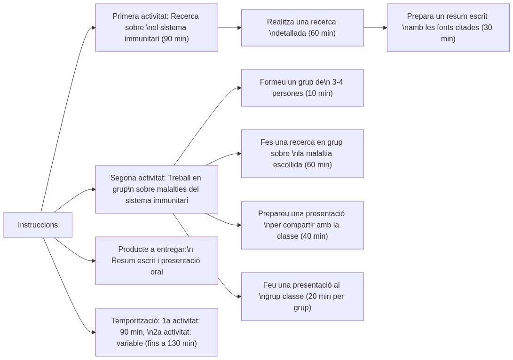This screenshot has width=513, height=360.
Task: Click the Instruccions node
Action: (38, 225)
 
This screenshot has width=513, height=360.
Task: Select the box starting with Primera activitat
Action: (156, 28)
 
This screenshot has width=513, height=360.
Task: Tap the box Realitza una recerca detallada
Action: (302, 28)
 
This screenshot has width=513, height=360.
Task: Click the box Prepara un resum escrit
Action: (448, 28)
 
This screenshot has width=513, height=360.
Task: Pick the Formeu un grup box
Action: (302, 88)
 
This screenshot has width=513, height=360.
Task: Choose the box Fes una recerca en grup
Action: (302, 154)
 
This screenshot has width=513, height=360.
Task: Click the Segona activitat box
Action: (156, 189)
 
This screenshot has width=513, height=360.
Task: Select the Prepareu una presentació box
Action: (302, 225)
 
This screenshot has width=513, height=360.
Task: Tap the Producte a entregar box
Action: (156, 261)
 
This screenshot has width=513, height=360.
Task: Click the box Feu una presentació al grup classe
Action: (302, 297)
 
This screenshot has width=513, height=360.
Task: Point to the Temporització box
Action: (156, 332)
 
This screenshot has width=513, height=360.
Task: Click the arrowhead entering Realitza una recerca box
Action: (239, 28)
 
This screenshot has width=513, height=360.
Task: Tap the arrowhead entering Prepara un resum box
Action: (385, 28)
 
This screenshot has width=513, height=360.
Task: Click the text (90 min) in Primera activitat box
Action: (175, 39)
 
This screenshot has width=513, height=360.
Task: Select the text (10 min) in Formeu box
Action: (319, 94)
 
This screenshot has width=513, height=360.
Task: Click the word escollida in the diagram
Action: (288, 165)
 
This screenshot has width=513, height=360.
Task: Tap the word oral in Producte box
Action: (157, 272)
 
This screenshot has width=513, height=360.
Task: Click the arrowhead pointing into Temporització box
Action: (93, 332)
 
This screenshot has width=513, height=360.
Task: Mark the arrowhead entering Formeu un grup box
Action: (239, 88)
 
